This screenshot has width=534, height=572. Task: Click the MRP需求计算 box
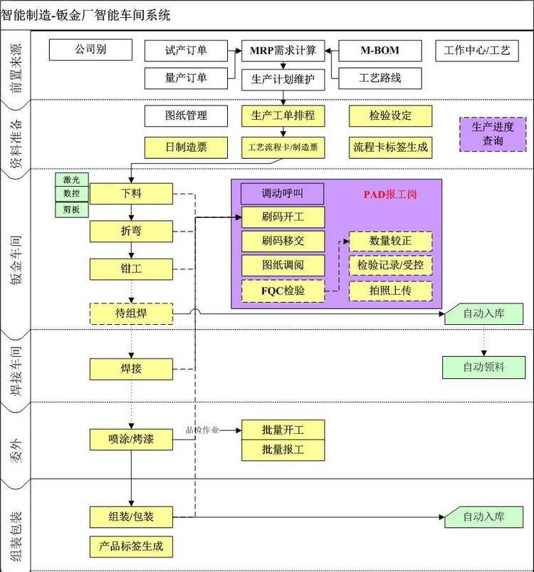tap(283, 51)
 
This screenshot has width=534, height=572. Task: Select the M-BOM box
tap(379, 51)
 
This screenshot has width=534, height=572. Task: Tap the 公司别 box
tap(90, 50)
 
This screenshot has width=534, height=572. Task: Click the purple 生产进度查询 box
tap(492, 134)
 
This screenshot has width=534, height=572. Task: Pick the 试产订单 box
tap(186, 51)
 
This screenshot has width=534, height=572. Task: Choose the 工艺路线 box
tap(379, 78)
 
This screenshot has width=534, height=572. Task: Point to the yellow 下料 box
tap(131, 193)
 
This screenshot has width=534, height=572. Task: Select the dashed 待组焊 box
tap(131, 313)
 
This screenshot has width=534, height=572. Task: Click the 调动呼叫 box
tap(283, 194)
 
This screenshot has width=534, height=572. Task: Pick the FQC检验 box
tap(283, 291)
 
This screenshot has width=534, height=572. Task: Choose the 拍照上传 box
tap(390, 291)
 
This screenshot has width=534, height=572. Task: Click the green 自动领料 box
tap(483, 367)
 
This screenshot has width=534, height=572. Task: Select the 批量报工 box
tap(283, 449)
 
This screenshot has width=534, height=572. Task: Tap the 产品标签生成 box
tap(131, 546)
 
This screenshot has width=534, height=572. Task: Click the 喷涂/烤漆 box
tap(131, 440)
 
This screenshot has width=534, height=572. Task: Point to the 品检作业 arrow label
tap(202, 430)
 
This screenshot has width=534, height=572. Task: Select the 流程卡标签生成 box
tap(390, 147)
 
